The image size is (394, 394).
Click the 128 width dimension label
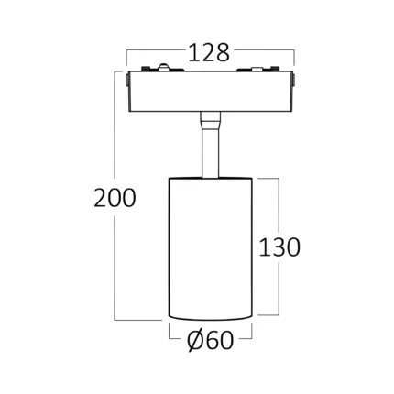pyautogui.click(x=209, y=53)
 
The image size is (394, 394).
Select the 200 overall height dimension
pyautogui.click(x=115, y=198)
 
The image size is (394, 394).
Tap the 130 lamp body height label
pyautogui.click(x=279, y=246)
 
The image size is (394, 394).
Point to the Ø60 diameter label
pyautogui.click(x=211, y=340)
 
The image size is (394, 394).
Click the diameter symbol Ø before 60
pyautogui.click(x=196, y=340)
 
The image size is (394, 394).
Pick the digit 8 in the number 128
pyautogui.click(x=223, y=53)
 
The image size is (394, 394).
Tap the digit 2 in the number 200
pyautogui.click(x=101, y=198)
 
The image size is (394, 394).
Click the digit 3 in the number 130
pyautogui.click(x=279, y=246)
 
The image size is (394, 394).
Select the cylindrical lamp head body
pyautogui.click(x=211, y=248)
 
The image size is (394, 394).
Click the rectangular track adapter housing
pyautogui.click(x=210, y=92)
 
